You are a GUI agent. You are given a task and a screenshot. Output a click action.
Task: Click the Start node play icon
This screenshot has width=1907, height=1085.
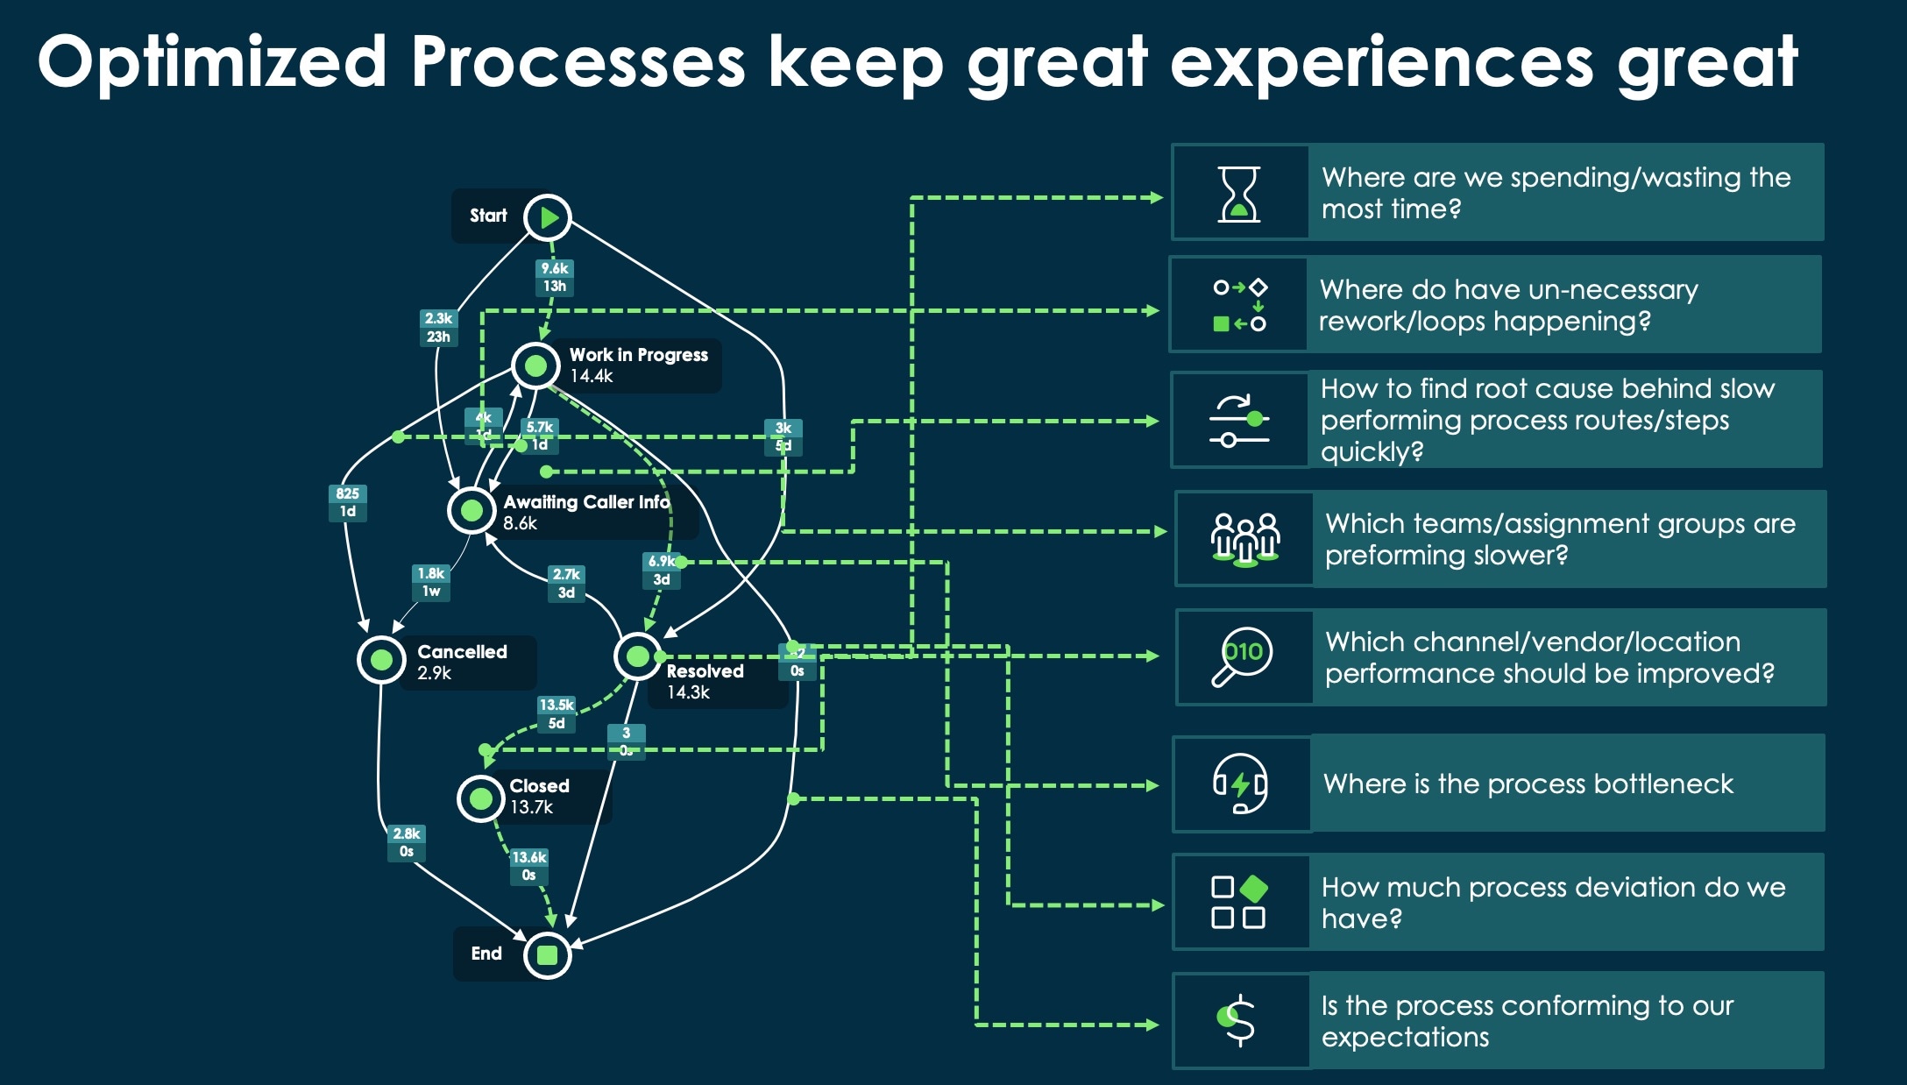548,217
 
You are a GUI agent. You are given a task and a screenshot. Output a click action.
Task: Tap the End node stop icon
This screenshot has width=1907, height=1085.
548,954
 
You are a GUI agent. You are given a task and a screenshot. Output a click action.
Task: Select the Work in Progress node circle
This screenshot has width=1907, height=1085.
535,365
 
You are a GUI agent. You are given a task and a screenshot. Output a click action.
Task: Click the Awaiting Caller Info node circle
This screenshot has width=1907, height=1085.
471,510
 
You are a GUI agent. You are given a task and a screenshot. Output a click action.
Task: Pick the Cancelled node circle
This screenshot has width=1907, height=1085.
381,659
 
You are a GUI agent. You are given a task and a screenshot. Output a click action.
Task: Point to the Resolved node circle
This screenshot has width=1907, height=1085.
638,656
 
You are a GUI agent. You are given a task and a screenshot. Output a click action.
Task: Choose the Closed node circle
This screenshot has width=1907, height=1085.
480,798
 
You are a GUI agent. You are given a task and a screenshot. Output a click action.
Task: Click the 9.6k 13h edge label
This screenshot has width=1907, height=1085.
554,277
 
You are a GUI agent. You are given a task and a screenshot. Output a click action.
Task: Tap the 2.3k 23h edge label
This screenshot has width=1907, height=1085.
438,327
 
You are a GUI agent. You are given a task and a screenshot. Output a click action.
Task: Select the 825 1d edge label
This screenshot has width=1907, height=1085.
348,502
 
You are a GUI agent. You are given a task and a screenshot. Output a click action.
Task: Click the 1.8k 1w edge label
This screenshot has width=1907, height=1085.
431,582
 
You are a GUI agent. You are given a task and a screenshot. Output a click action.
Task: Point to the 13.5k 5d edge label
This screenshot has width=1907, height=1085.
557,714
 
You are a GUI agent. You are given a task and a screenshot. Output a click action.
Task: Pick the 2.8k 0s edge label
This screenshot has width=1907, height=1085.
407,842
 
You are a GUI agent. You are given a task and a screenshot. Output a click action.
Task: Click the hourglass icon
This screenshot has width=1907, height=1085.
1239,194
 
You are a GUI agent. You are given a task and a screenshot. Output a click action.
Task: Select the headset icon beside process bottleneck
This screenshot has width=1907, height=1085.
1240,784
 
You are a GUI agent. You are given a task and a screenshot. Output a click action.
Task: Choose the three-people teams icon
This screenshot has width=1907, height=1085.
1244,539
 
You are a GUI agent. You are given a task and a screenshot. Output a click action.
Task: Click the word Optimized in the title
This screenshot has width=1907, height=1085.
212,63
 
